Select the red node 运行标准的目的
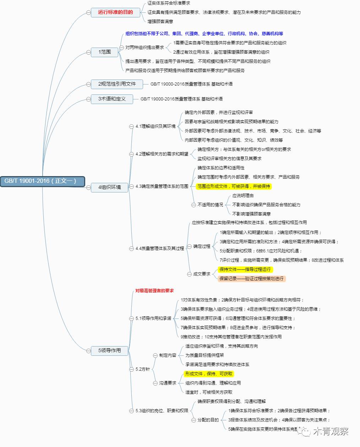pos(115,12)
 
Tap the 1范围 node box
pos(105,52)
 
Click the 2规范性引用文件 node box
pos(117,84)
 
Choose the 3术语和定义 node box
pos(112,99)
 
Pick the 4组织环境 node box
pos(109,187)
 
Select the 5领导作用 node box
pos(109,350)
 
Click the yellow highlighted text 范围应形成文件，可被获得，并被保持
pos(234,186)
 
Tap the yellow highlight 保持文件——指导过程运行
pos(245,269)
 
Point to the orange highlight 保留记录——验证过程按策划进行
pos(251,279)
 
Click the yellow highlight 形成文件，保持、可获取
pos(209,374)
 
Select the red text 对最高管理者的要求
pos(154,291)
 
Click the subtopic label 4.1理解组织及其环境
pos(156,126)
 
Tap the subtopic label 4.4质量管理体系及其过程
pos(160,249)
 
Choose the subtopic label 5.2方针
pos(143,369)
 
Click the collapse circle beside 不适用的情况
pos(193,205)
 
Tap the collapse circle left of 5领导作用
pos(88,350)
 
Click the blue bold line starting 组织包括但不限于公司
pos(204,34)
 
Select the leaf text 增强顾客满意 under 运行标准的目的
pos(160,22)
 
